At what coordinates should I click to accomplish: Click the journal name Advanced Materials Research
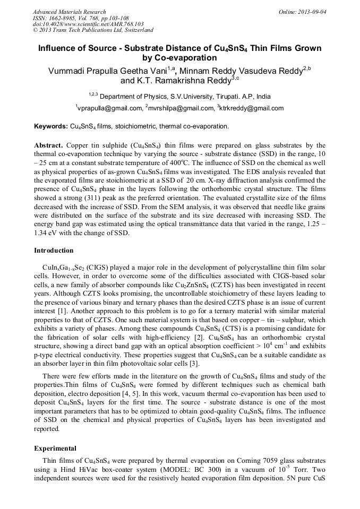69,12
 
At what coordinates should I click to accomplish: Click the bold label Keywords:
51,127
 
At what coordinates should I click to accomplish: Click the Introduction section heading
54,251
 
